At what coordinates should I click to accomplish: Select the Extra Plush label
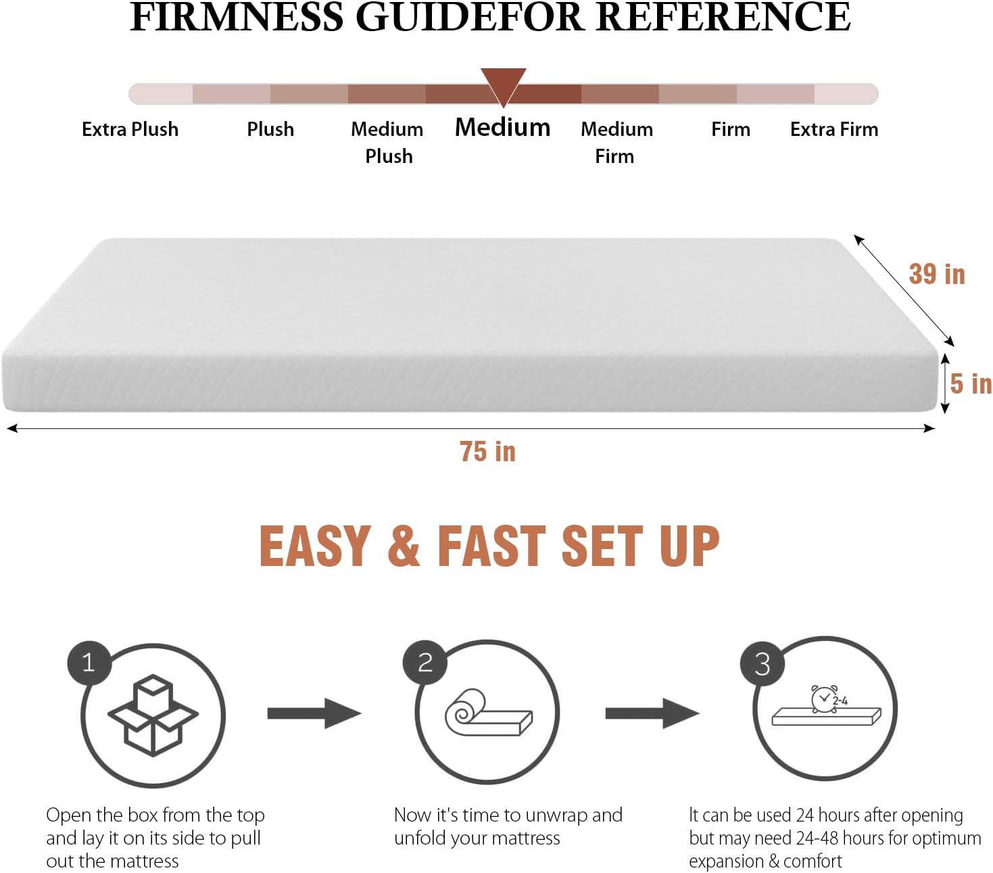130,129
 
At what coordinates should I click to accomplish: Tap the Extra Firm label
834,129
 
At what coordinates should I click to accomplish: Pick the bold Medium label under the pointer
502,127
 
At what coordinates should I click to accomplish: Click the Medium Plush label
387,142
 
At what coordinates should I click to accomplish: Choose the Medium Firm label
616,142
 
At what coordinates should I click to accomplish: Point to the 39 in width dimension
936,275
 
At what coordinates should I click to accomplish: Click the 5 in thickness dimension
970,383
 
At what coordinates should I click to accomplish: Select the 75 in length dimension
487,452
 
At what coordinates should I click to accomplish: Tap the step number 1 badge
89,662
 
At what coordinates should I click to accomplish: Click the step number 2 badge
425,662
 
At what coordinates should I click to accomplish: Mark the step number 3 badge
762,663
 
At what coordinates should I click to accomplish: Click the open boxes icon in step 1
153,715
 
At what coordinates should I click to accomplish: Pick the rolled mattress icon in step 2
488,713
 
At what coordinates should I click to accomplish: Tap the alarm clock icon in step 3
825,699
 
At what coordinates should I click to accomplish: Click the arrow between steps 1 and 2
314,713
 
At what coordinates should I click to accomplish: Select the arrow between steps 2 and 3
652,713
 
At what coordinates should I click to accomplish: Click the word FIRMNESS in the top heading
237,17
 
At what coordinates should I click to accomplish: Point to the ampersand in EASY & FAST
404,546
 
